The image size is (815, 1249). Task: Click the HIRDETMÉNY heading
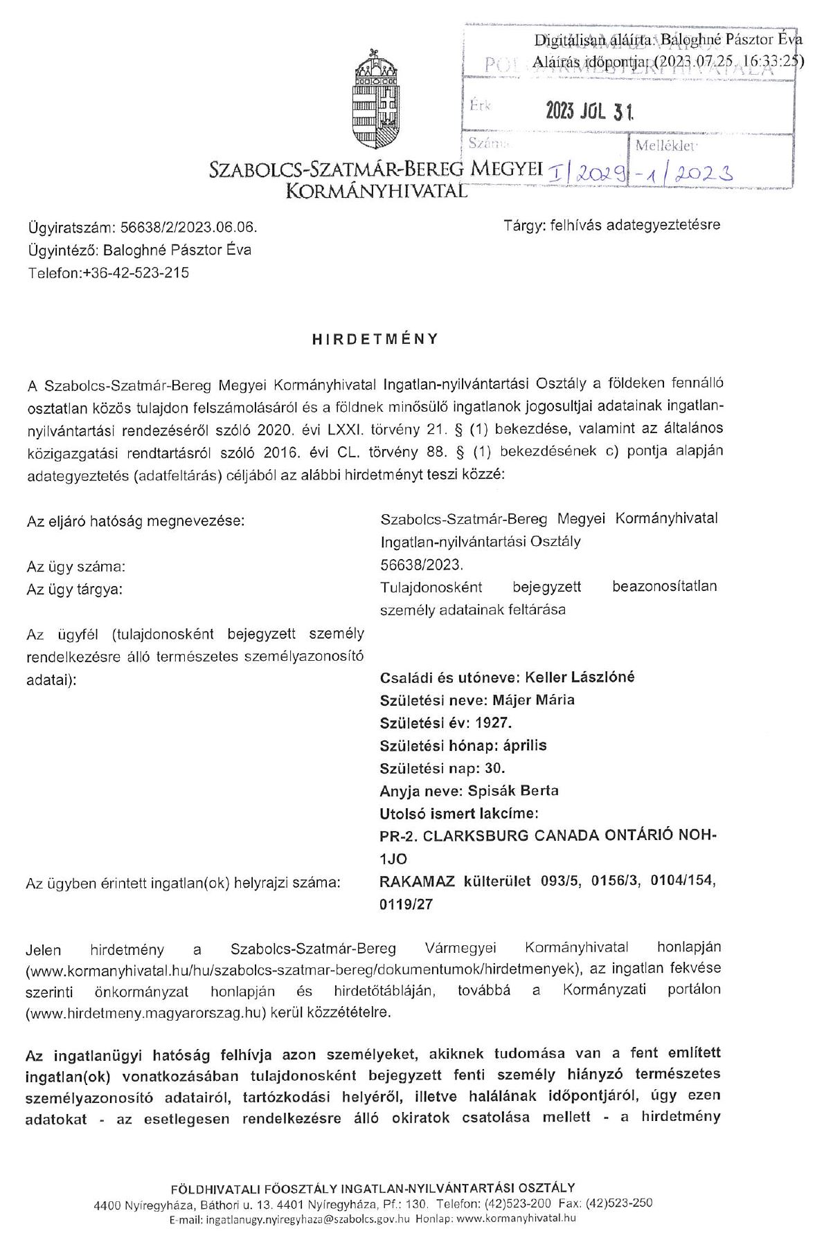pyautogui.click(x=375, y=339)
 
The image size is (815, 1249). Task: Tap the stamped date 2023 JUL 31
pyautogui.click(x=589, y=111)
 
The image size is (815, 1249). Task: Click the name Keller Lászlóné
pyautogui.click(x=580, y=677)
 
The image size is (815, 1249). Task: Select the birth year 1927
pyautogui.click(x=493, y=722)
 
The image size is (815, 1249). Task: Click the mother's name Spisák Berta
pyautogui.click(x=513, y=790)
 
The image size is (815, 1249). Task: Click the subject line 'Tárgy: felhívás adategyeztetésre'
pyautogui.click(x=612, y=225)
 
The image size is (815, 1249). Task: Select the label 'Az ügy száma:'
pyautogui.click(x=76, y=567)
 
